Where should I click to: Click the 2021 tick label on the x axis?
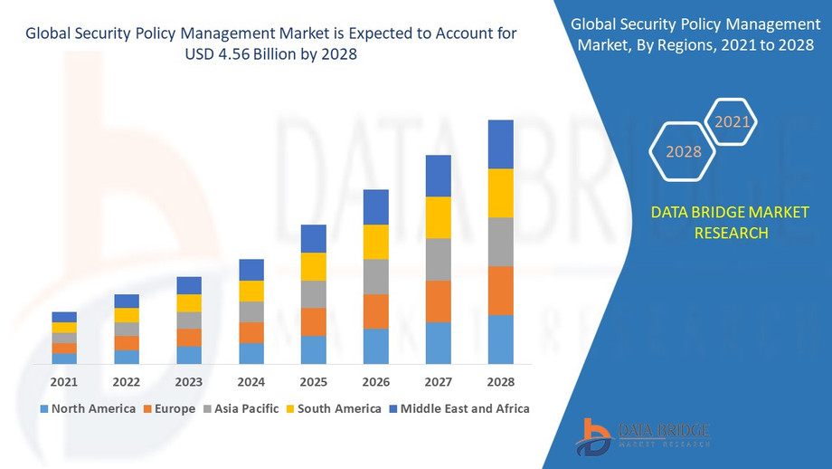64,382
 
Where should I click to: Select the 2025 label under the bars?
313,382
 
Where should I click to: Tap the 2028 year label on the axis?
500,382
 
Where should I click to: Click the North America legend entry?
87,408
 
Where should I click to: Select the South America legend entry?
334,408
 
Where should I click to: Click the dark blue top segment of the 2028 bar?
500,144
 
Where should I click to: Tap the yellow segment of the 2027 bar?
438,217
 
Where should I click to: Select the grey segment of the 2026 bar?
375,276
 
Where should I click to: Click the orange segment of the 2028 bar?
500,291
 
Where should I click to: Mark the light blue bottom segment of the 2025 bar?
313,349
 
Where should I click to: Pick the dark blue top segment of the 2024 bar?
251,270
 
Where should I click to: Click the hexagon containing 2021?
730,121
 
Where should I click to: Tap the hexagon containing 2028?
684,151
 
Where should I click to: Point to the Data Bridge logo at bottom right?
643,435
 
